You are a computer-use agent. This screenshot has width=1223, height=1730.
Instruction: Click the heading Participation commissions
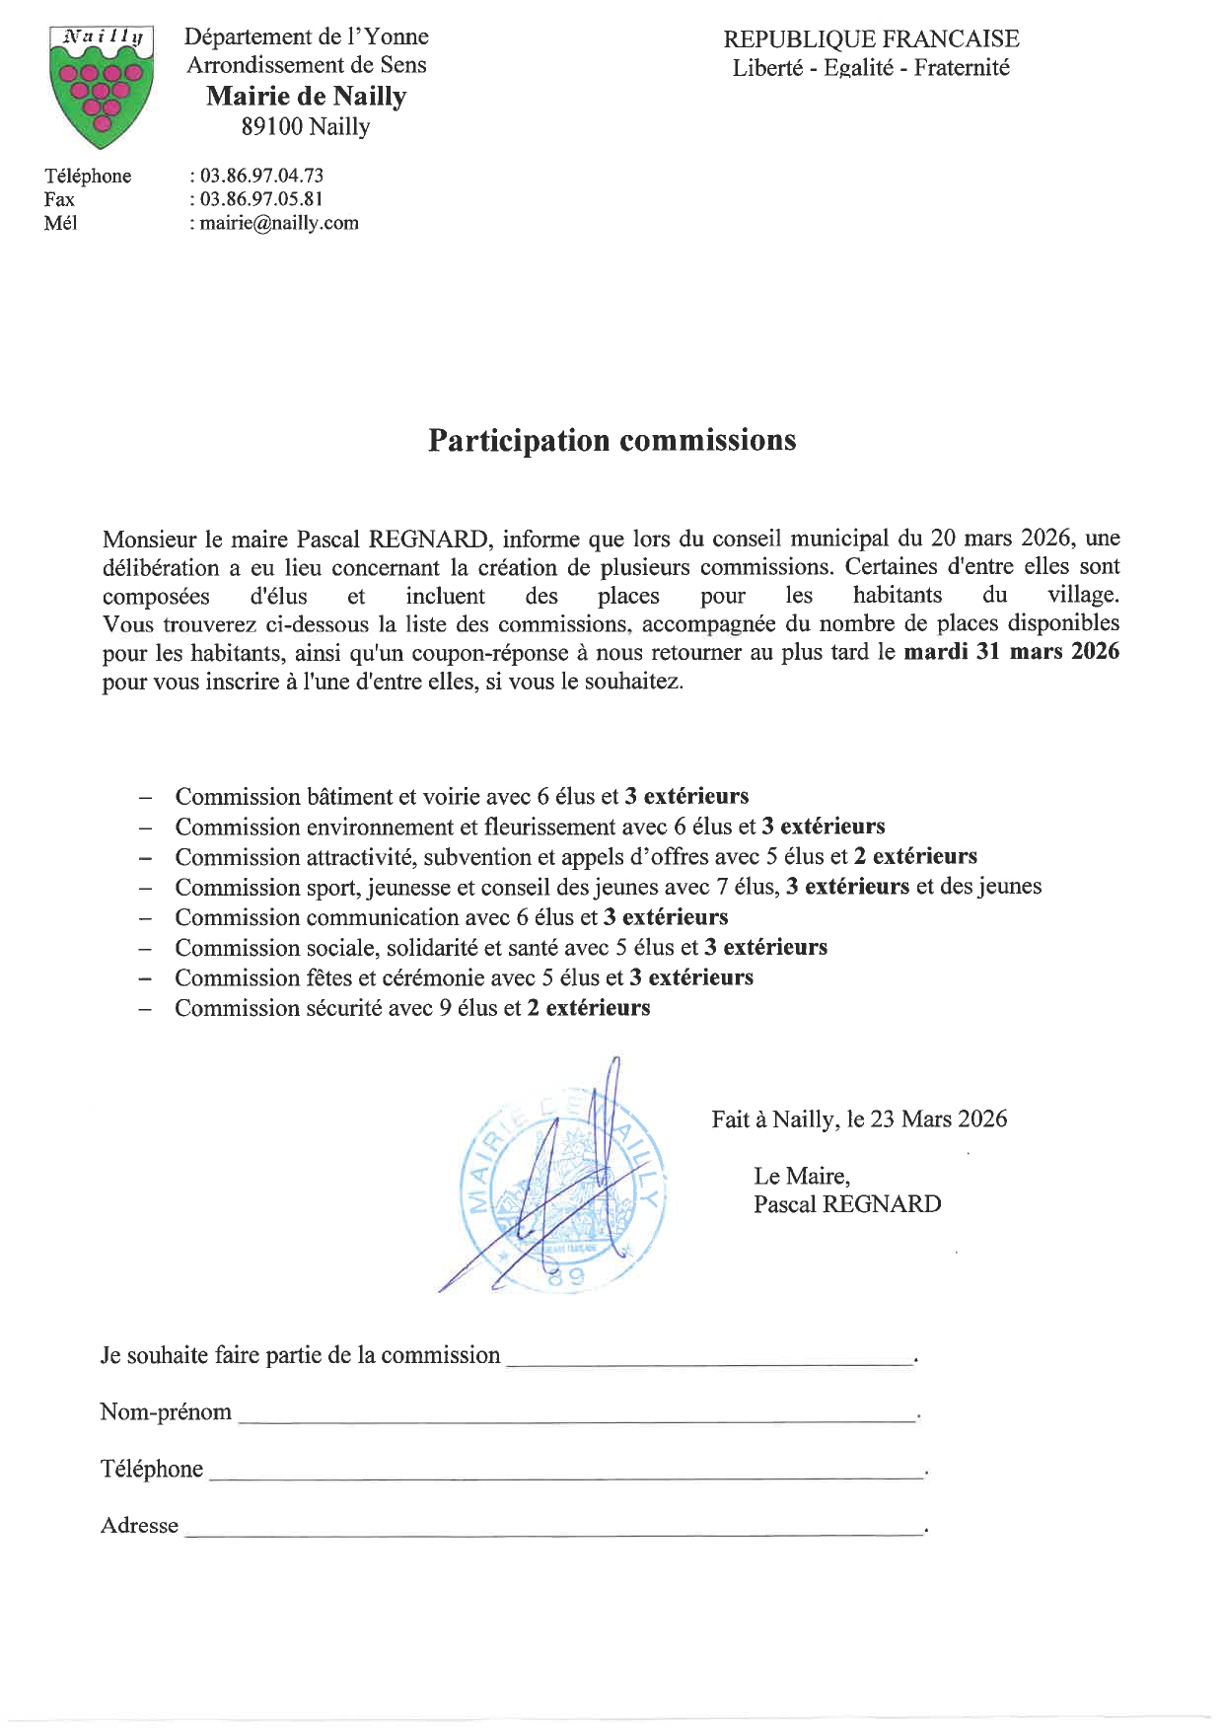point(611,440)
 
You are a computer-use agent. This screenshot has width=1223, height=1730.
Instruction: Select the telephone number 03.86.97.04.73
point(261,176)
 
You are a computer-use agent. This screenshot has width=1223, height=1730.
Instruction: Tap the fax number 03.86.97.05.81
point(261,199)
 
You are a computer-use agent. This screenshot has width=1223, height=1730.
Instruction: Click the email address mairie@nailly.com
point(279,223)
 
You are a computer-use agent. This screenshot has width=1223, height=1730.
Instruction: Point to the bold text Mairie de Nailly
point(306,97)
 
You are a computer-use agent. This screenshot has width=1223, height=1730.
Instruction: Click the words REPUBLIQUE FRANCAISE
point(871,39)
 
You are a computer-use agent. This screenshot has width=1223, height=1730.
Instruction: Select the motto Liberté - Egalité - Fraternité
point(871,68)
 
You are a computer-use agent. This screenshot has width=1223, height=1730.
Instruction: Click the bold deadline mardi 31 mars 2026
point(1012,652)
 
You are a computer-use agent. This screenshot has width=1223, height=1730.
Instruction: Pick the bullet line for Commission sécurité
point(412,1008)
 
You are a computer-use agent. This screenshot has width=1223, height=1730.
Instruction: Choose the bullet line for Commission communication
point(452,917)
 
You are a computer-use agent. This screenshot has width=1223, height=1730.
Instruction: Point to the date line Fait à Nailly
point(859,1119)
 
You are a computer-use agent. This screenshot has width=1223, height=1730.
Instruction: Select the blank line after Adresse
point(552,1532)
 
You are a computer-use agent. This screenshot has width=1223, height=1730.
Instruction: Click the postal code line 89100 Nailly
point(306,127)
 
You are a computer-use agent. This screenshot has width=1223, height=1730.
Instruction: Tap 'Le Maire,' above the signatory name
point(802,1176)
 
